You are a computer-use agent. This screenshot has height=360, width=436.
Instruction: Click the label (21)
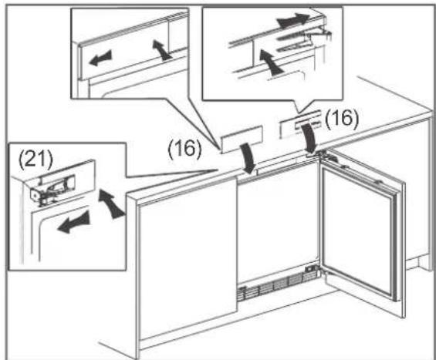pyautogui.click(x=35, y=160)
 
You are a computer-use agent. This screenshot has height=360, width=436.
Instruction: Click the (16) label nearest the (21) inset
pyautogui.click(x=184, y=149)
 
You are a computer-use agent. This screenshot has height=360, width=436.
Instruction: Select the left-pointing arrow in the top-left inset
pyautogui.click(x=100, y=59)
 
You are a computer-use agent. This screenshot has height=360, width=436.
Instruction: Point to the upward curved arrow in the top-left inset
pyautogui.click(x=161, y=50)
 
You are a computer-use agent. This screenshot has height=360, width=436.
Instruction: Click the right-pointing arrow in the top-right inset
pyautogui.click(x=293, y=21)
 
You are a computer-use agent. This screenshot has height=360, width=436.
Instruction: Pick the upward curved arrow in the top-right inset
pyautogui.click(x=270, y=62)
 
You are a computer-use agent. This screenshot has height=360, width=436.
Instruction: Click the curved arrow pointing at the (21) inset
pyautogui.click(x=111, y=204)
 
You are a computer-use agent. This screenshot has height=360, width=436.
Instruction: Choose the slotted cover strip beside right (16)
pyautogui.click(x=299, y=124)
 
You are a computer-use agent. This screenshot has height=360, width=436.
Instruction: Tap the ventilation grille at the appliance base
pyautogui.click(x=277, y=285)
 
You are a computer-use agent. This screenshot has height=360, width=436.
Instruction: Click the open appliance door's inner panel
pyautogui.click(x=358, y=233)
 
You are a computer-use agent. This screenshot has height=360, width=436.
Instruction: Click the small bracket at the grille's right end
pyautogui.click(x=311, y=269)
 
